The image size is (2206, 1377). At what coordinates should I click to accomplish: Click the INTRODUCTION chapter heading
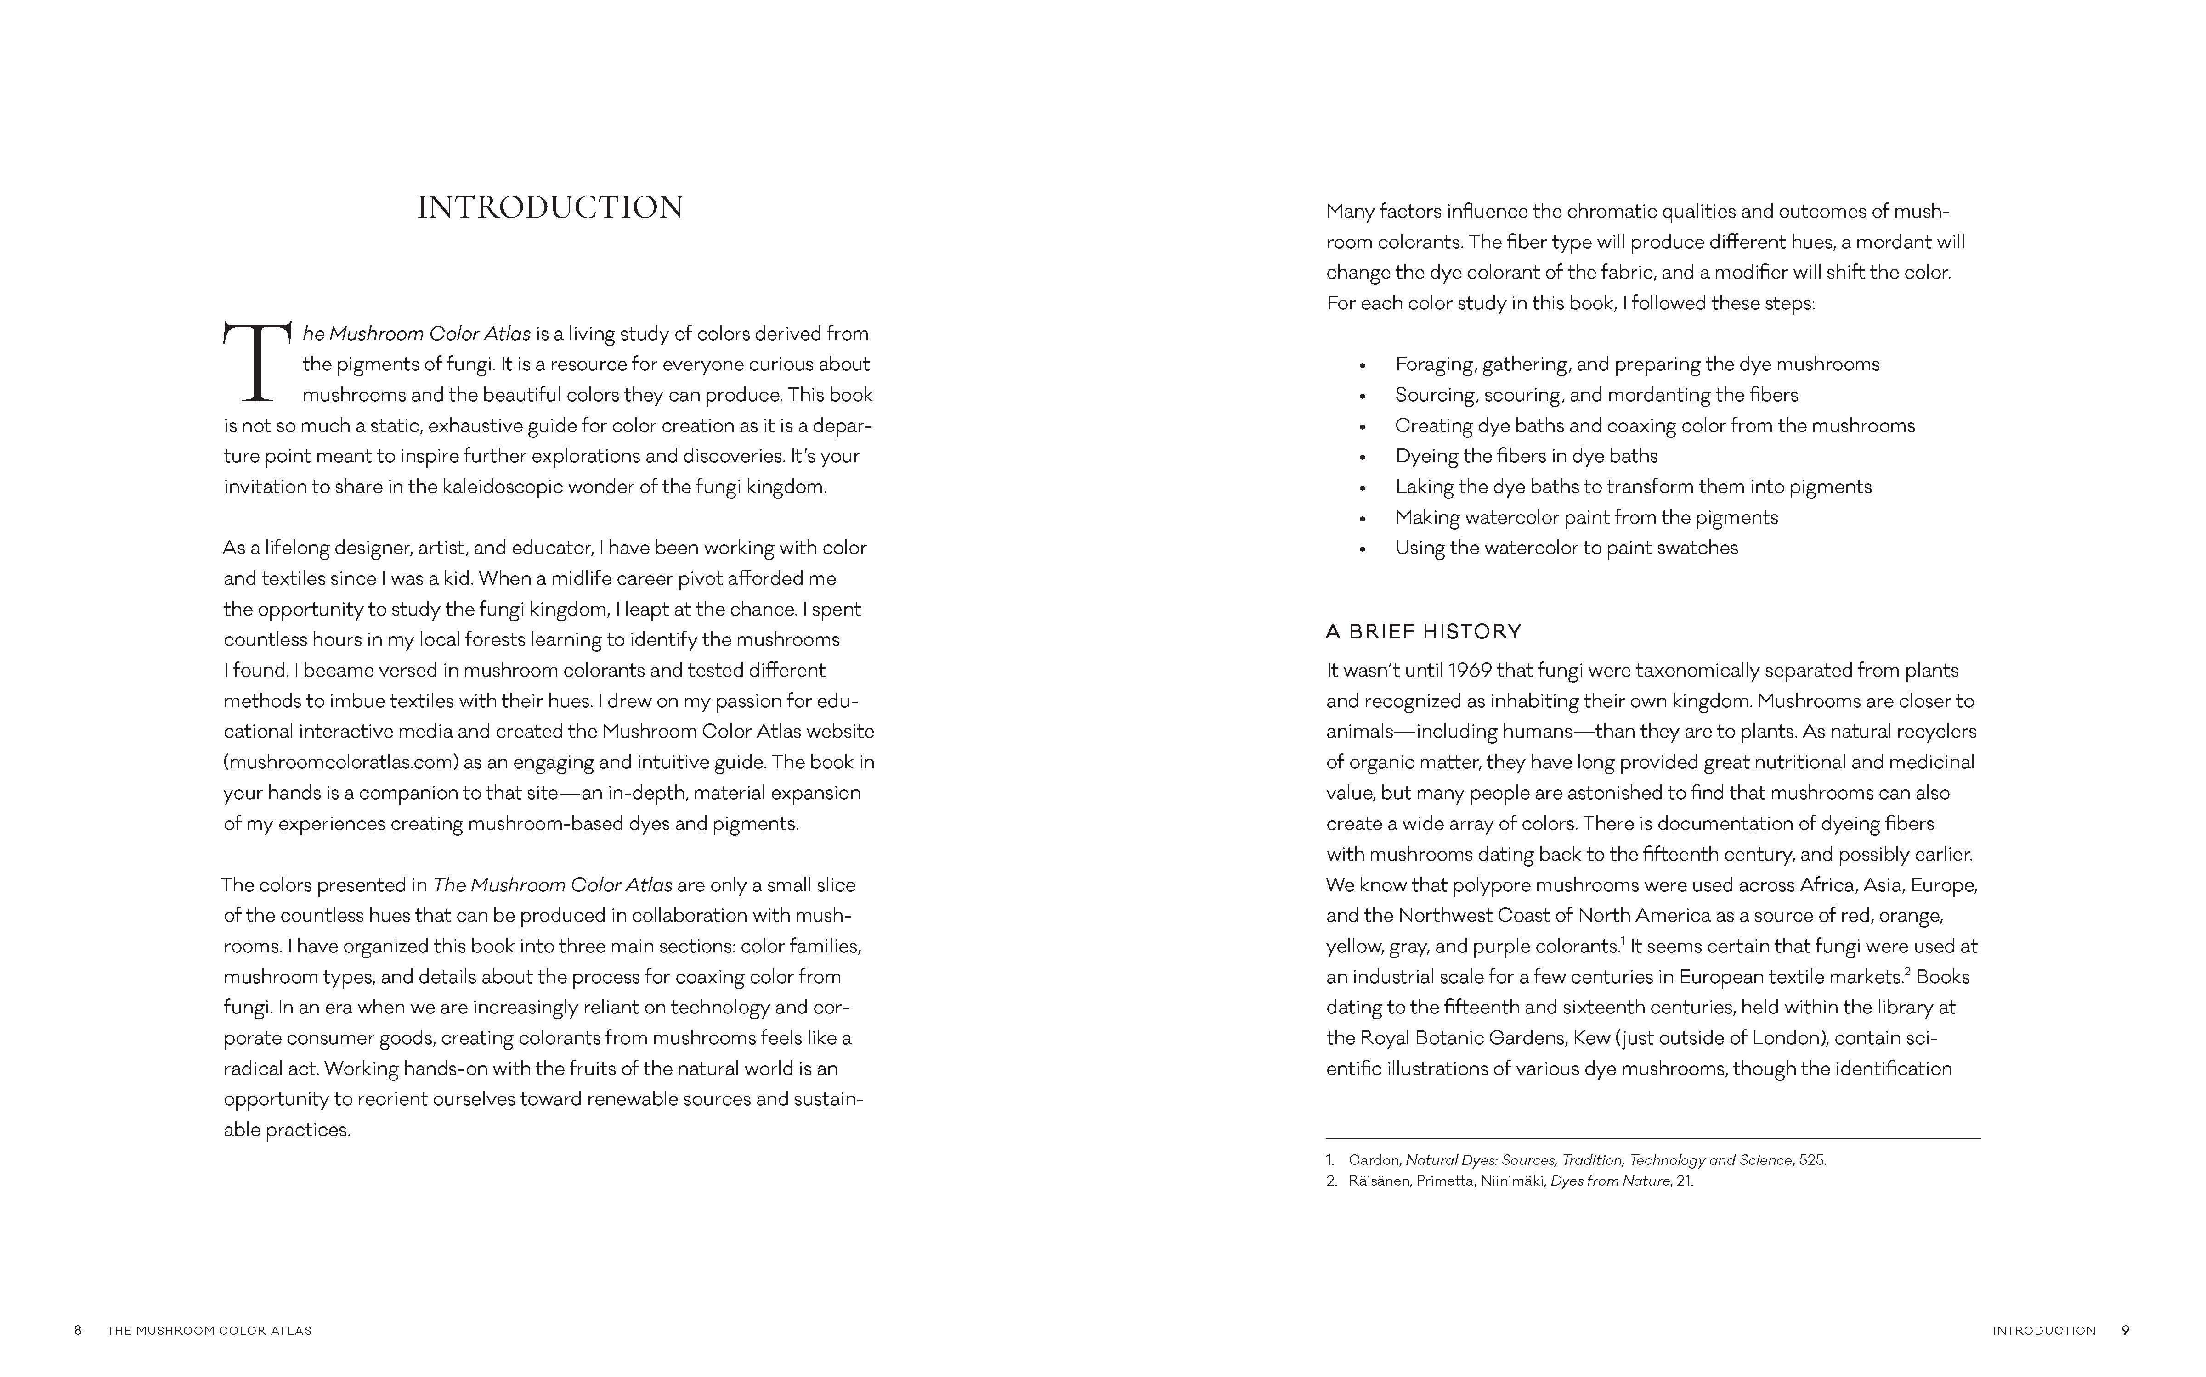[x=550, y=207]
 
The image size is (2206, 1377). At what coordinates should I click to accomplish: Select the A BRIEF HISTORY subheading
[x=1423, y=631]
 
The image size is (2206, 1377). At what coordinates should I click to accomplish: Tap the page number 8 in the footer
[x=79, y=1331]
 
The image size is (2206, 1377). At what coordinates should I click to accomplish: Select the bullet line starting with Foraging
[x=1636, y=364]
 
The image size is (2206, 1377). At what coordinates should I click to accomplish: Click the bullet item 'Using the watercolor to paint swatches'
[x=1567, y=548]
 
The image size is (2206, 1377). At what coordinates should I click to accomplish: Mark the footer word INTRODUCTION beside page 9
[x=2044, y=1331]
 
